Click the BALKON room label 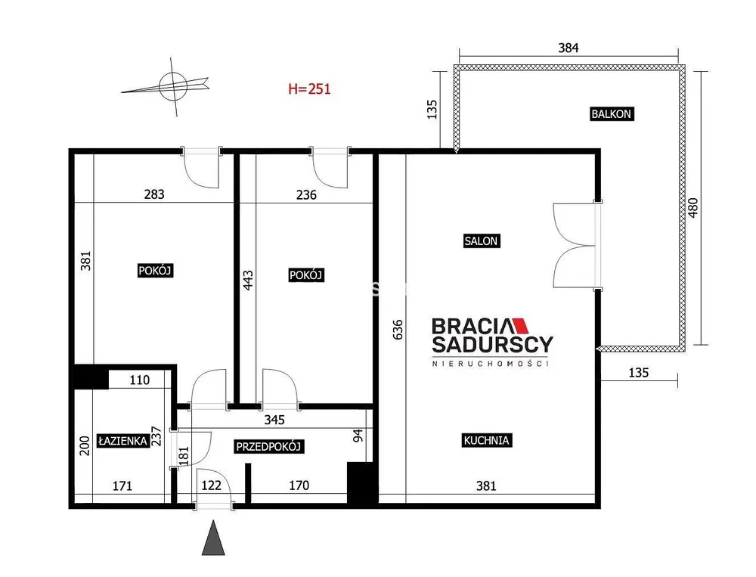pyautogui.click(x=612, y=114)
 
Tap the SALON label pyautogui.click(x=481, y=240)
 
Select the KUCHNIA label pyautogui.click(x=486, y=440)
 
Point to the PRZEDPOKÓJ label pyautogui.click(x=268, y=446)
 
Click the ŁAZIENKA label pyautogui.click(x=122, y=440)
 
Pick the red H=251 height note pyautogui.click(x=309, y=88)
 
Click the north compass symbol pyautogui.click(x=169, y=87)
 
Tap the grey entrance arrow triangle pyautogui.click(x=213, y=538)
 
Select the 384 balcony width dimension pyautogui.click(x=569, y=48)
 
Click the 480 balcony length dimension pyautogui.click(x=692, y=208)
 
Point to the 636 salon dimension pyautogui.click(x=398, y=330)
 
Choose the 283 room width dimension pyautogui.click(x=154, y=194)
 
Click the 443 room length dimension pyautogui.click(x=247, y=281)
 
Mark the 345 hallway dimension pyautogui.click(x=274, y=420)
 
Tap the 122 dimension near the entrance pyautogui.click(x=211, y=485)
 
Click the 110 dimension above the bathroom pyautogui.click(x=139, y=380)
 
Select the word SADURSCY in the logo pyautogui.click(x=492, y=345)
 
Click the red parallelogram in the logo pyautogui.click(x=519, y=326)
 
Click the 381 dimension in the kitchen pyautogui.click(x=486, y=485)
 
